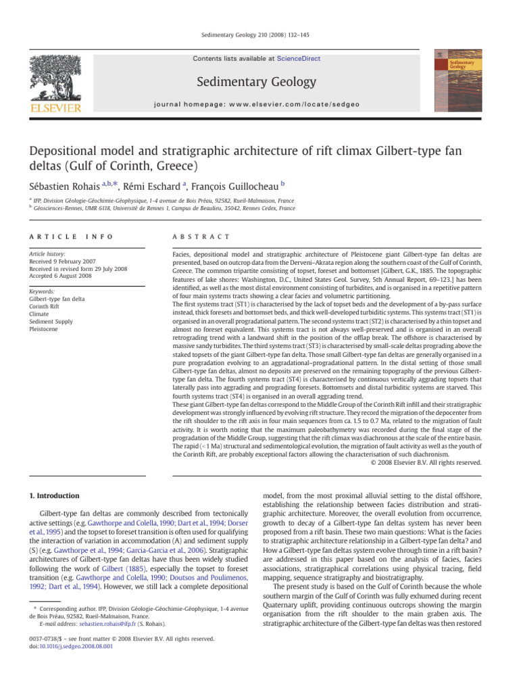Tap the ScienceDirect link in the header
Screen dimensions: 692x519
pos(301,59)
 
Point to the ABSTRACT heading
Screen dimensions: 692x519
pos(202,237)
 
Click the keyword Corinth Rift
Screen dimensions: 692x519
pos(46,305)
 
